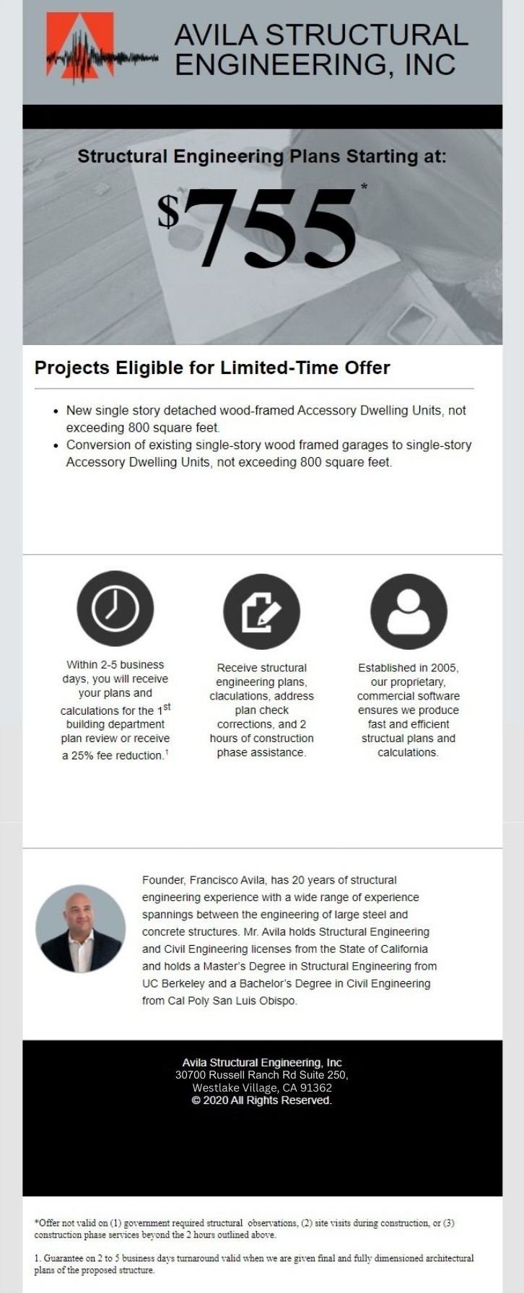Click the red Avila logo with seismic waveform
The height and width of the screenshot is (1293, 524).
click(80, 48)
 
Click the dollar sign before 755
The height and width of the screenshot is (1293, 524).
click(168, 211)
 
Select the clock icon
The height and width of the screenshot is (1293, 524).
click(115, 609)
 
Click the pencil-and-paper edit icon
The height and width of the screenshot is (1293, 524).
click(261, 611)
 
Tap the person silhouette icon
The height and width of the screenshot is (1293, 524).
click(409, 611)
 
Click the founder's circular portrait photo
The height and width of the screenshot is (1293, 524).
click(80, 928)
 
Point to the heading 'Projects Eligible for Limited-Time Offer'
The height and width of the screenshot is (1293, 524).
click(212, 367)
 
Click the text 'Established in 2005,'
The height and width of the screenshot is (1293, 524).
click(409, 668)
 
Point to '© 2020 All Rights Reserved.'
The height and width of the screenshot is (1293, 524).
click(262, 1100)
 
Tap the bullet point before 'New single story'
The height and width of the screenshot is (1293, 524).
click(56, 410)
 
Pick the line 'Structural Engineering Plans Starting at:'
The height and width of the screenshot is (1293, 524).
click(262, 156)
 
